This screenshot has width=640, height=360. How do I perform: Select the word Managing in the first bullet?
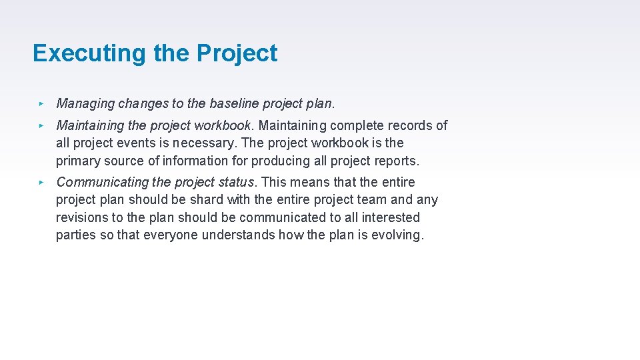[x=85, y=104]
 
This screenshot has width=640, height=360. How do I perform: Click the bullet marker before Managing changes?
[x=41, y=103]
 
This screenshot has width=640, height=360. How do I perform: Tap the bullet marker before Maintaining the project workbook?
[x=41, y=125]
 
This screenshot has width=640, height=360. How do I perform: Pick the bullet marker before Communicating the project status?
[x=41, y=182]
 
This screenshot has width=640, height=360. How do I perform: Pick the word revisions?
[x=81, y=217]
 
